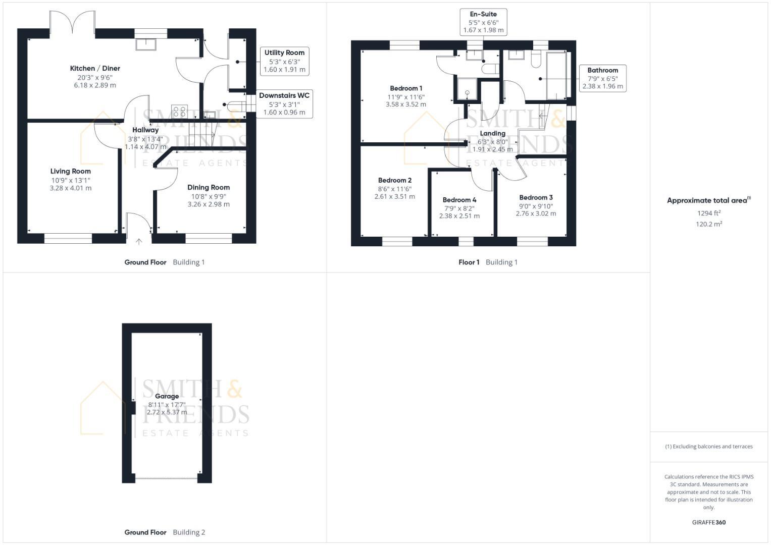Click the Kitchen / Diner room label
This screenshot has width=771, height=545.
point(95,69)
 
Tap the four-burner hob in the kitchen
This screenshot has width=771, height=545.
point(179,111)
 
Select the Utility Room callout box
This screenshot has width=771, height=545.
point(284,61)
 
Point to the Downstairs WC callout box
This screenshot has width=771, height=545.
point(284,104)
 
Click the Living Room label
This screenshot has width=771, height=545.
point(71,172)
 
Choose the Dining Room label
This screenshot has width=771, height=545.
point(209,188)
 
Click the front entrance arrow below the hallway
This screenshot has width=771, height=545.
point(139,242)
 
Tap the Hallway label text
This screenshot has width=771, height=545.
point(145,130)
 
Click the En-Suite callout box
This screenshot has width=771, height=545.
point(483,22)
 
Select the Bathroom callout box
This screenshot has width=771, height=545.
point(602,78)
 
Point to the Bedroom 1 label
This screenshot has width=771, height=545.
point(406,89)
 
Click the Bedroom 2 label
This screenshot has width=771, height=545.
point(395,181)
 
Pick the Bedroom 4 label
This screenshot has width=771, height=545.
point(459,200)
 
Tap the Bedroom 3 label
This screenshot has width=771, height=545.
point(536,198)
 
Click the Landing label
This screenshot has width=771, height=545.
point(492,134)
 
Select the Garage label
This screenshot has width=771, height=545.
point(167,397)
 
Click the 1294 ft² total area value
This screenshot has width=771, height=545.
point(708,213)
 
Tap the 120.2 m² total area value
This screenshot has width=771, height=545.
point(708,225)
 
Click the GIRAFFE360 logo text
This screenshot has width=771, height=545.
point(708,523)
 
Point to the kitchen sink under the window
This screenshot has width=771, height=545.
point(146,45)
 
